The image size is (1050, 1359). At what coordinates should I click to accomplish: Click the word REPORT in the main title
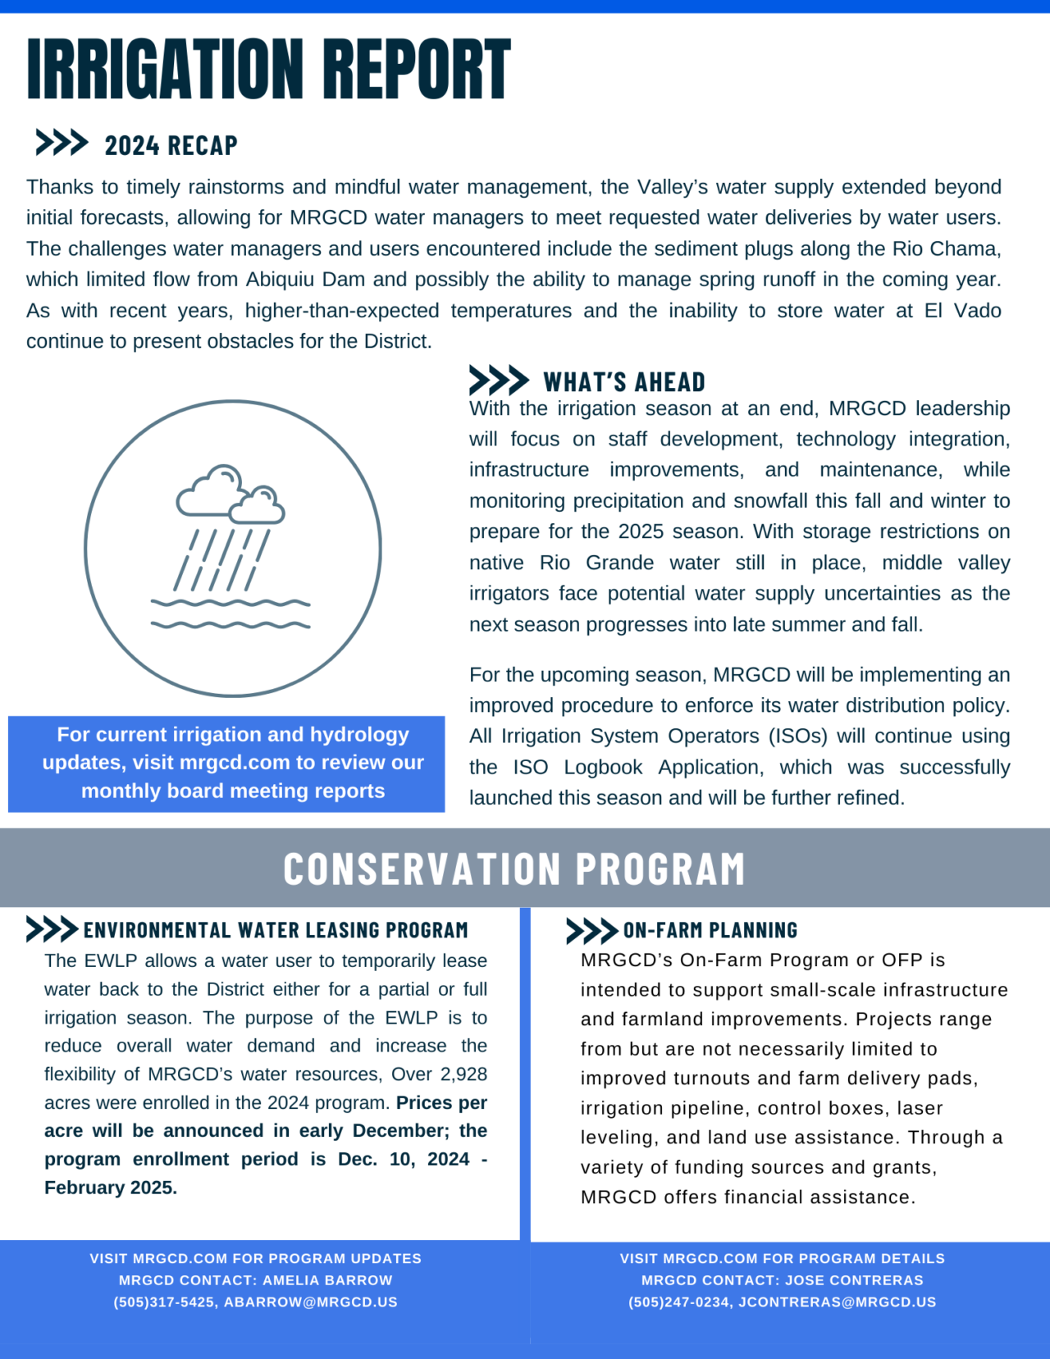pyautogui.click(x=416, y=70)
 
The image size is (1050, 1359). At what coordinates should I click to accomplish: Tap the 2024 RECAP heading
pyautogui.click(x=171, y=145)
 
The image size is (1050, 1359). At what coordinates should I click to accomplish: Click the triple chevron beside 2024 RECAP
pyautogui.click(x=62, y=143)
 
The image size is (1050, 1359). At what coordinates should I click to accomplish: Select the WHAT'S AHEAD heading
pyautogui.click(x=623, y=382)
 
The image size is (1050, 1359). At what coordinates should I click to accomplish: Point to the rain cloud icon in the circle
pyautogui.click(x=231, y=495)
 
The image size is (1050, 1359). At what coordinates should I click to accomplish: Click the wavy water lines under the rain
pyautogui.click(x=231, y=613)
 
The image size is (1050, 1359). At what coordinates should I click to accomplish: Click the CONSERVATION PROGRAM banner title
pyautogui.click(x=514, y=869)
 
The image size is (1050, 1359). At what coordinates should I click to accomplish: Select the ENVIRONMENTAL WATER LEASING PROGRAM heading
pyautogui.click(x=276, y=930)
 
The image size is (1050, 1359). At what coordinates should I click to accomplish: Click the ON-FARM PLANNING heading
pyautogui.click(x=710, y=930)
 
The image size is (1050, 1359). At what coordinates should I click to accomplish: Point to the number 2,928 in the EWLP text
pyautogui.click(x=463, y=1074)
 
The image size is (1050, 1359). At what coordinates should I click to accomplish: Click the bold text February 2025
pyautogui.click(x=111, y=1188)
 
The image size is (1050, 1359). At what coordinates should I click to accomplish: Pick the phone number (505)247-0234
pyautogui.click(x=678, y=1302)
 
